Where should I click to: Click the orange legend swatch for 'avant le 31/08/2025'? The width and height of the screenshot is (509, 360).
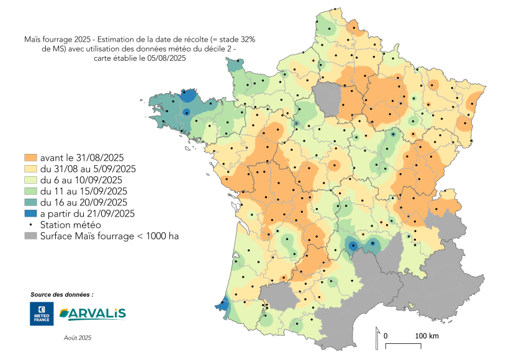[31, 157]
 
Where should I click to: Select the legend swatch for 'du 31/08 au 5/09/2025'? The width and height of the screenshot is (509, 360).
[31, 168]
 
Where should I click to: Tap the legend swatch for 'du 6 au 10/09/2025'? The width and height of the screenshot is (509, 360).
[31, 179]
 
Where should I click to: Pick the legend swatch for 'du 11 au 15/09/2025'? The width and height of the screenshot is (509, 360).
[31, 191]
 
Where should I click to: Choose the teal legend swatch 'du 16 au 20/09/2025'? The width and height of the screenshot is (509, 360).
[31, 202]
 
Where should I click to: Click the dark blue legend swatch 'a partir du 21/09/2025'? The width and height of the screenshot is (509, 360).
[31, 213]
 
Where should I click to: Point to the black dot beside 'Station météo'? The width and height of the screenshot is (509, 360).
[31, 224]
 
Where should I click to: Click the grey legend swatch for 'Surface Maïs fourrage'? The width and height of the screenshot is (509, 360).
[31, 236]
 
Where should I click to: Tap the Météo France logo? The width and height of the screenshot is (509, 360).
[42, 314]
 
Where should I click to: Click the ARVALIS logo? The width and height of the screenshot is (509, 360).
[92, 314]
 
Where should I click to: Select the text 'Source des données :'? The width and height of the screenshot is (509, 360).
[61, 294]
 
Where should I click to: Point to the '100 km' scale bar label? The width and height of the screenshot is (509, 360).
[427, 336]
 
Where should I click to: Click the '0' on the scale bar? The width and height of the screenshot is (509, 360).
[386, 336]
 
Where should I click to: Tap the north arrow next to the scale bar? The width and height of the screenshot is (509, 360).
[377, 338]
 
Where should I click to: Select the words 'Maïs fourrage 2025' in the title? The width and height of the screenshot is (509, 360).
[50, 38]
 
